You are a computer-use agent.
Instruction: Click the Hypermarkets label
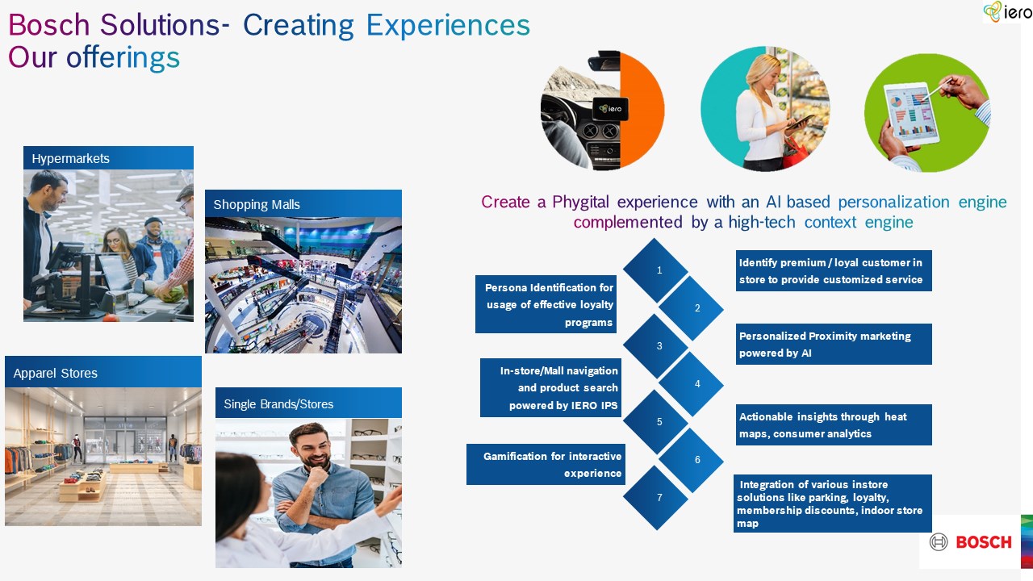[x=70, y=159]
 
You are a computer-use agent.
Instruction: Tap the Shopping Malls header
[x=257, y=204]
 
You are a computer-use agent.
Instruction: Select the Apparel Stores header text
[x=56, y=373]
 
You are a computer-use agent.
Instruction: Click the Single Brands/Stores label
[x=278, y=404]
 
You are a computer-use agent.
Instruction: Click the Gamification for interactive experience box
[x=546, y=464]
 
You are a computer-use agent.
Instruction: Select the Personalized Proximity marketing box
[x=834, y=344]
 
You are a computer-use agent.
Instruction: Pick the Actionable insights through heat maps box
[x=834, y=424]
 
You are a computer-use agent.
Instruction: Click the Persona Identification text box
[x=546, y=304]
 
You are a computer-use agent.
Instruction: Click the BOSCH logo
[x=970, y=541]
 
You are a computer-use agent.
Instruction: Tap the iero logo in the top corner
[x=1008, y=11]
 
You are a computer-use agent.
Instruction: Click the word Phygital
[x=580, y=203]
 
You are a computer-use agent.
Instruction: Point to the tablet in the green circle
[x=911, y=114]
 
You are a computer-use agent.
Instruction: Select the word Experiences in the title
[x=448, y=25]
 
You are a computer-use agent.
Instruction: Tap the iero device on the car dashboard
[x=611, y=109]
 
